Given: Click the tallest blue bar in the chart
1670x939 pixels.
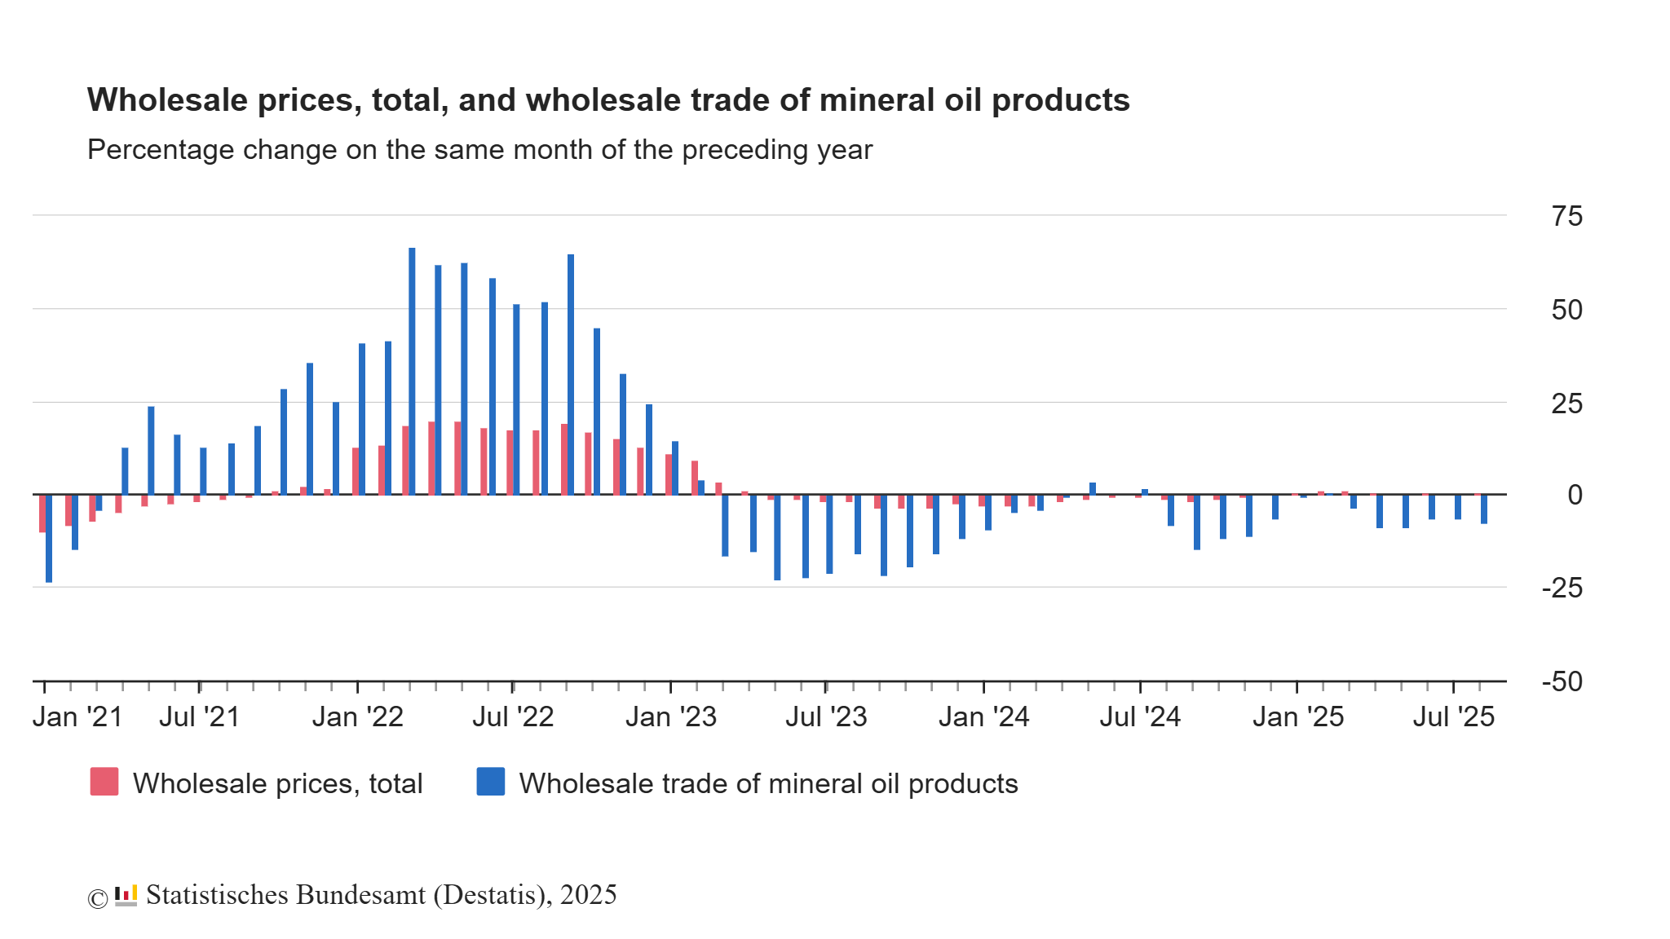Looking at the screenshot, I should coord(412,371).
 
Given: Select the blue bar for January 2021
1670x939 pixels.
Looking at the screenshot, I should coord(49,539).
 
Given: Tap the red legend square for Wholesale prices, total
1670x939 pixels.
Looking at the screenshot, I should coord(104,782).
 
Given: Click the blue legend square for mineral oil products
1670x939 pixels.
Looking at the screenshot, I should coord(491,782).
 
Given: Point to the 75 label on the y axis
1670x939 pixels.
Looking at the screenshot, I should coord(1566,217).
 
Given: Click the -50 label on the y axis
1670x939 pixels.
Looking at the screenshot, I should coord(1562,681).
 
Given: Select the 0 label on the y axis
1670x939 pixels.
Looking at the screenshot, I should coord(1575,495).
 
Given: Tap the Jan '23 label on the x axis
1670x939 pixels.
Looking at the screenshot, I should coord(670,717).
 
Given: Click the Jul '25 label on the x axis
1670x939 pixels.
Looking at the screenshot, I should coord(1453,717).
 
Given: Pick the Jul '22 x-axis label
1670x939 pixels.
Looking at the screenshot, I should coord(513,717).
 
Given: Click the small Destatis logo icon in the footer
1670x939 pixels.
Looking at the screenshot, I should coord(126,895).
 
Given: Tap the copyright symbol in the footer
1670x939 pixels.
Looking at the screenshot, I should coord(98,898).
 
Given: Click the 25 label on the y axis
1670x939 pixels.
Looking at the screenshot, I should coord(1566,403).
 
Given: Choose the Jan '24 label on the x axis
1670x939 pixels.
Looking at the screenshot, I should coord(983,717).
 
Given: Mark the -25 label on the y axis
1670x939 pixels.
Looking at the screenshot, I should coord(1562,588).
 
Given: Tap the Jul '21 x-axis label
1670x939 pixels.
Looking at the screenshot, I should coord(200,717).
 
